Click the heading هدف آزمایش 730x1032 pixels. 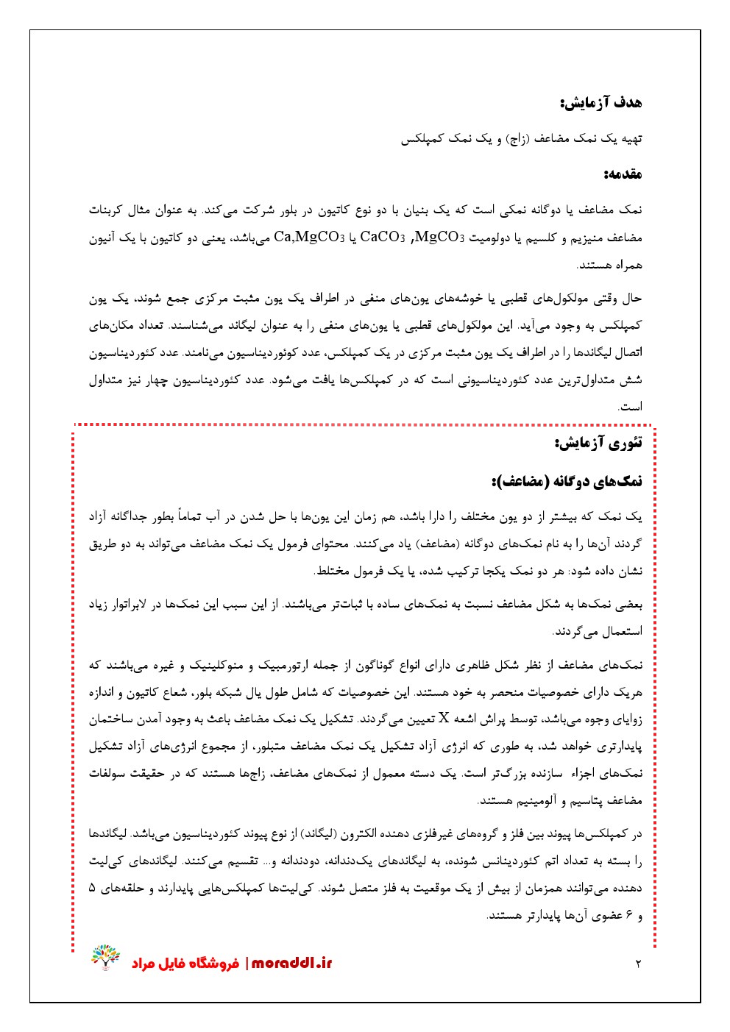[600, 103]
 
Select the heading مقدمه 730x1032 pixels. [622, 175]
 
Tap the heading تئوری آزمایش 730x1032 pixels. [598, 443]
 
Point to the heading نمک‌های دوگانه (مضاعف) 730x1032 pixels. [567, 482]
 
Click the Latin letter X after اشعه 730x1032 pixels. [444, 719]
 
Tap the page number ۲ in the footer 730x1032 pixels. [638, 964]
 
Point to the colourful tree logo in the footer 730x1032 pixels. [105, 957]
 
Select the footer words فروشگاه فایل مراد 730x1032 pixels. [185, 964]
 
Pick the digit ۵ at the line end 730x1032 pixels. [92, 888]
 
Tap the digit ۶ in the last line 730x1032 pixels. [629, 916]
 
